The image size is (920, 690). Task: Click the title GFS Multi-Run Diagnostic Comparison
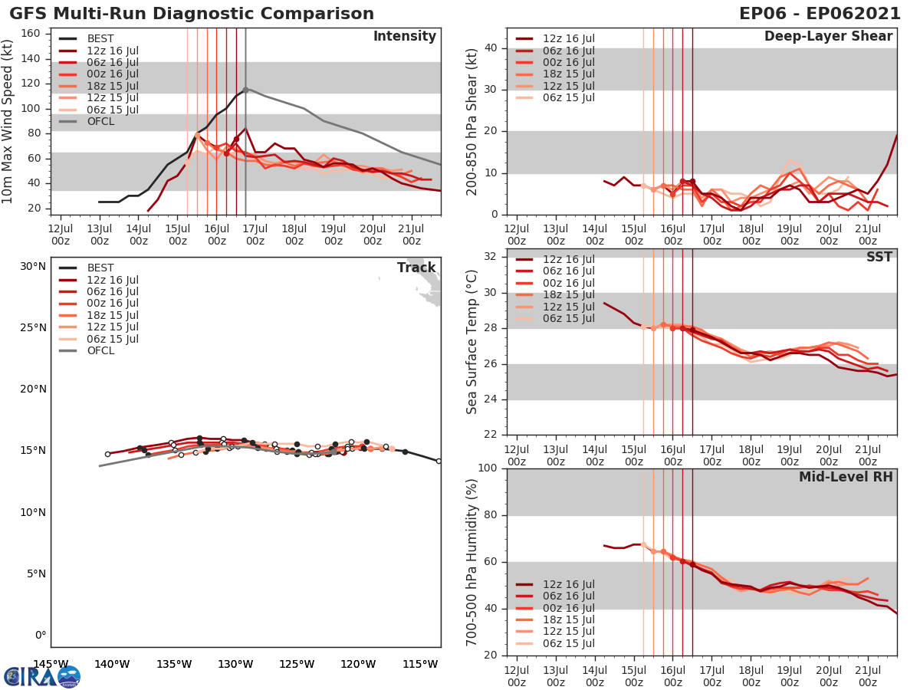tap(192, 14)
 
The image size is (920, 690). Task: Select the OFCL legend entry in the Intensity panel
tap(100, 121)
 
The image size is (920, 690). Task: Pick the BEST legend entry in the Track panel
tap(100, 268)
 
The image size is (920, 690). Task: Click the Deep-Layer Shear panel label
tap(828, 37)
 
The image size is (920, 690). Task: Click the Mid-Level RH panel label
tap(846, 477)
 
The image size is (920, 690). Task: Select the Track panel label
tap(416, 268)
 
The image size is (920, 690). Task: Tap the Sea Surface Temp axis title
tap(472, 343)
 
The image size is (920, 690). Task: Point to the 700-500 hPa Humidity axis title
tap(472, 562)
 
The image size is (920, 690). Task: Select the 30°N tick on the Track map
tap(33, 267)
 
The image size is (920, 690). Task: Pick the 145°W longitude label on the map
tap(51, 664)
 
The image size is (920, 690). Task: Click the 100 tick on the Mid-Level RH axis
tap(488, 468)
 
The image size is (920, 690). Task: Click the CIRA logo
tap(41, 676)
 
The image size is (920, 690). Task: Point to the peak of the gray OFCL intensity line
tap(245, 89)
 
